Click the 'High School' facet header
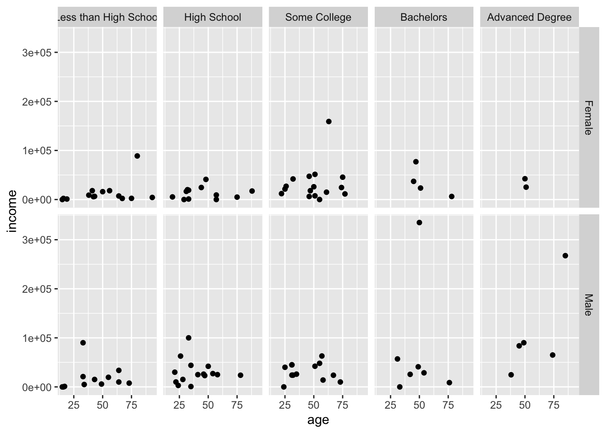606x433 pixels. click(x=212, y=18)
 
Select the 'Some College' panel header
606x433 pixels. click(x=318, y=18)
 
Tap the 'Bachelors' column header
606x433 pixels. click(x=423, y=18)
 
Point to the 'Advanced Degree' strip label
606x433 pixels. click(x=529, y=18)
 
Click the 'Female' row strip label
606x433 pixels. click(x=588, y=117)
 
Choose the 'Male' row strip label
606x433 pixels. click(x=588, y=305)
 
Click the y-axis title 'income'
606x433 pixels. click(x=12, y=211)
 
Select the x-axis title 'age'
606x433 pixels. click(x=318, y=420)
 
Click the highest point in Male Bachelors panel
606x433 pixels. click(x=419, y=222)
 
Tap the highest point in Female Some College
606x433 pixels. click(x=329, y=121)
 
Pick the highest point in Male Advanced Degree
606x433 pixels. click(x=565, y=256)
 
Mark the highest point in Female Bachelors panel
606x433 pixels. click(x=416, y=161)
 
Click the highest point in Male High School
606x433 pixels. click(x=188, y=338)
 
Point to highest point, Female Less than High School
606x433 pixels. click(x=137, y=156)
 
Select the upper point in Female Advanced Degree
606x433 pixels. click(x=525, y=179)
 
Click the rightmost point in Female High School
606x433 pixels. click(x=252, y=191)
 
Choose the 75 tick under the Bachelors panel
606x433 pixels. click(x=448, y=405)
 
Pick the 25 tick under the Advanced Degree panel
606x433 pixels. click(x=496, y=405)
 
